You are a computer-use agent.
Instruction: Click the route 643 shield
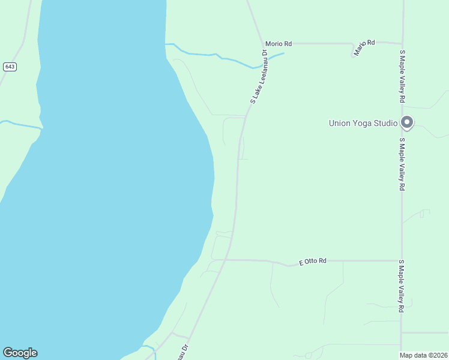pyautogui.click(x=9, y=67)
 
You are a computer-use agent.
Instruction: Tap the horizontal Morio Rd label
pyautogui.click(x=279, y=44)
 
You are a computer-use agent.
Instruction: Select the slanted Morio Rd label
pyautogui.click(x=364, y=47)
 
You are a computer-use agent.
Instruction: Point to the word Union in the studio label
pyautogui.click(x=340, y=123)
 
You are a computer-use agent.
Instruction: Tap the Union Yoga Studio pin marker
pyautogui.click(x=407, y=122)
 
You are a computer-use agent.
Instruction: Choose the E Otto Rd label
pyautogui.click(x=313, y=262)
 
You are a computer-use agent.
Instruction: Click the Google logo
pyautogui.click(x=20, y=353)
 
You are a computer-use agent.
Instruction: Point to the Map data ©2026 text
pyautogui.click(x=424, y=355)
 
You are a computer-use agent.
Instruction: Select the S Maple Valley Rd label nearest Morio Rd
pyautogui.click(x=403, y=76)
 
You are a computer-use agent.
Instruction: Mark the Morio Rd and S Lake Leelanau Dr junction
pyautogui.click(x=262, y=43)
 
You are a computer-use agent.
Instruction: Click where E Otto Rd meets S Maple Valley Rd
pyautogui.click(x=402, y=261)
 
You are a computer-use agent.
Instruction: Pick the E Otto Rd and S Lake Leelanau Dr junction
pyautogui.click(x=226, y=260)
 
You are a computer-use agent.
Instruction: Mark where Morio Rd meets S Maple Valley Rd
pyautogui.click(x=402, y=43)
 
